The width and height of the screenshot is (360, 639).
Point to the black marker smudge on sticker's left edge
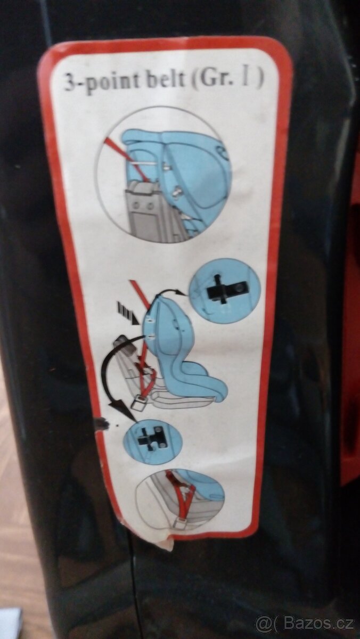point(102,422)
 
